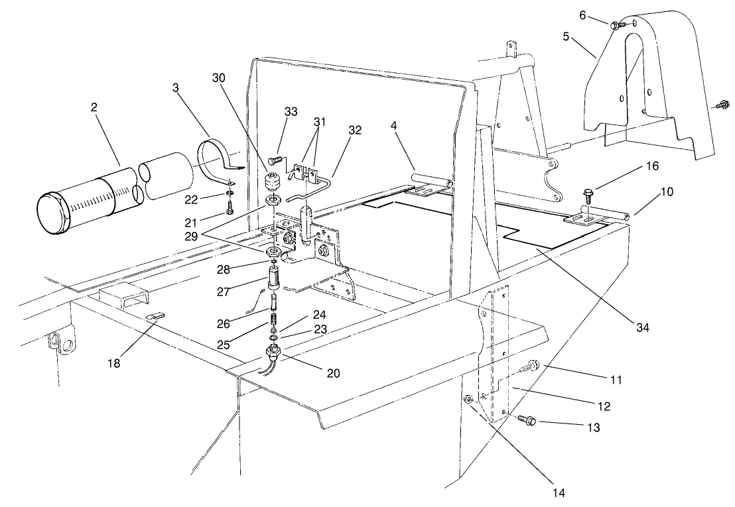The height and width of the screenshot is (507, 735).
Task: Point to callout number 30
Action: [220, 78]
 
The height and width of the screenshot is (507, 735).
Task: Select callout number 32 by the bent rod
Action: [354, 131]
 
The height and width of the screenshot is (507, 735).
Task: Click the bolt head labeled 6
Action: [615, 25]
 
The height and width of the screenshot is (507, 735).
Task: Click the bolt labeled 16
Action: [588, 194]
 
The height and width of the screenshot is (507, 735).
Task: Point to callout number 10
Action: [666, 192]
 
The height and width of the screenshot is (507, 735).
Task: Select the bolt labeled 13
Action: [525, 420]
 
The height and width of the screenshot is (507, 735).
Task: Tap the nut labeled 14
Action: [468, 399]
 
